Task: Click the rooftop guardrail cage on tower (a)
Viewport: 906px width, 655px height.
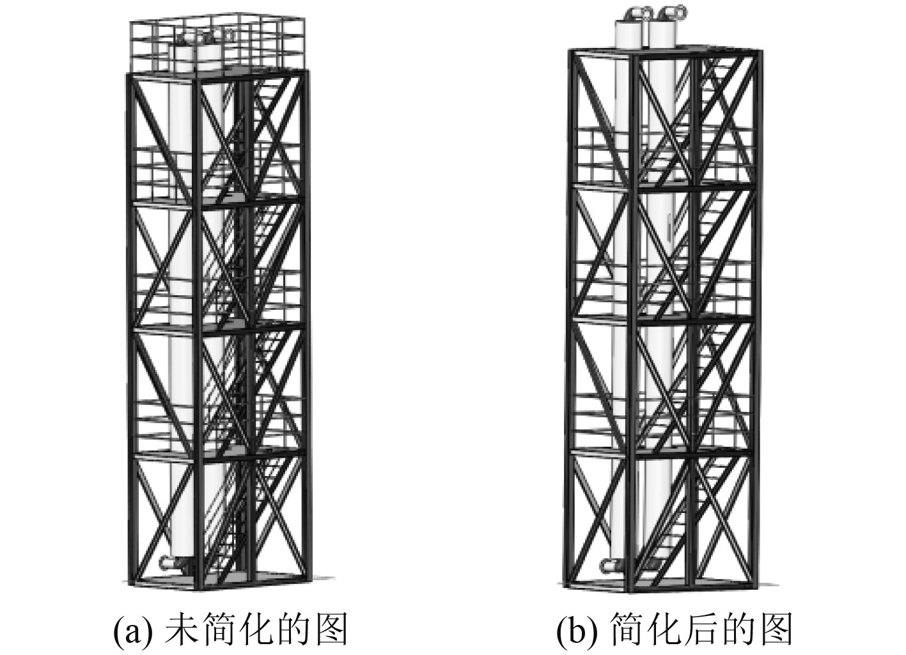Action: (x=211, y=42)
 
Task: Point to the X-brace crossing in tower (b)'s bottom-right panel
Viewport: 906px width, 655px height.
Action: (x=721, y=518)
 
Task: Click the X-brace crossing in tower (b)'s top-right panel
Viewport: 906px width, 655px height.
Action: (x=721, y=119)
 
